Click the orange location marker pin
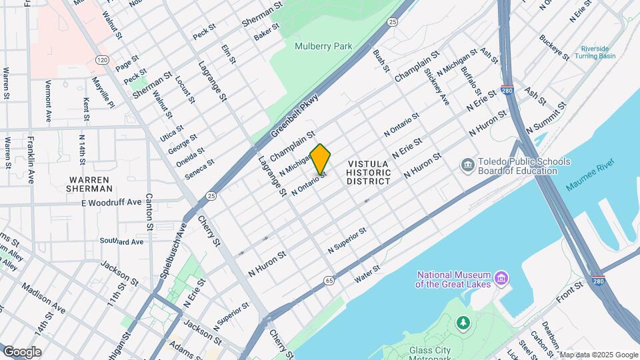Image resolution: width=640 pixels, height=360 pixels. (x=320, y=161)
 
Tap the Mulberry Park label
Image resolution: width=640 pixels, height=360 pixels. (x=323, y=46)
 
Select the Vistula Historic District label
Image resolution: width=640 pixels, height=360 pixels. (x=368, y=172)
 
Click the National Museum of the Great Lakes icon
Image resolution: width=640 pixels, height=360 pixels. (x=501, y=276)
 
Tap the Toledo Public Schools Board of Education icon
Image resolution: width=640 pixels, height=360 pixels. (x=467, y=164)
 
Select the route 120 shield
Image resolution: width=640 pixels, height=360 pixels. (x=101, y=60)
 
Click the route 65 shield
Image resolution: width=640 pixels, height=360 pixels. (x=329, y=281)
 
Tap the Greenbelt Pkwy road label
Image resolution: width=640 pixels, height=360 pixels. (x=295, y=115)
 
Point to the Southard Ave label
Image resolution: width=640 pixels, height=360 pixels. (x=121, y=241)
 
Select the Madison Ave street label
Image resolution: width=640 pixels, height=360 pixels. (x=43, y=298)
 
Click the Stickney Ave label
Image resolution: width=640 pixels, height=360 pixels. (x=437, y=87)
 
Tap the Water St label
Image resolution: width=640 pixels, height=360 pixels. (x=367, y=273)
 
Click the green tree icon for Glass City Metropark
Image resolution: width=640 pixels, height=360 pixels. (x=462, y=323)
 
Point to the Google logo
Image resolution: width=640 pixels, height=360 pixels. (x=22, y=351)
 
